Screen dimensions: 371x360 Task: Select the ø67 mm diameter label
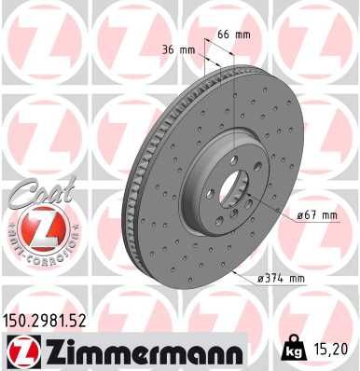click(315, 215)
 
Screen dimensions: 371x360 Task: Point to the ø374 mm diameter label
click(282, 278)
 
